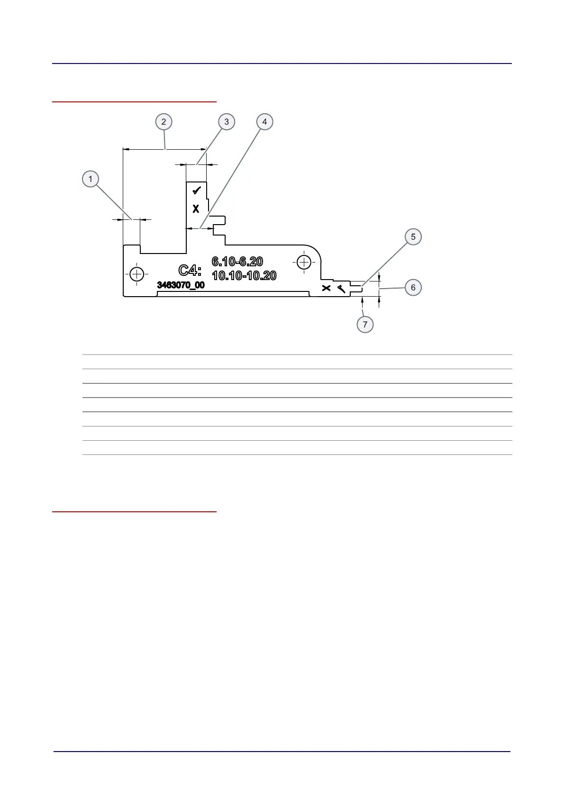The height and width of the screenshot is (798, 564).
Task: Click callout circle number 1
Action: coord(91,179)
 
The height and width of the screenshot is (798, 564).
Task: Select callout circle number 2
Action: coord(164,122)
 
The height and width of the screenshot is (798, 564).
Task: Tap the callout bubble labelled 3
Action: coord(227,122)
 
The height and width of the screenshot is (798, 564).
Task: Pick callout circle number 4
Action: coord(264,122)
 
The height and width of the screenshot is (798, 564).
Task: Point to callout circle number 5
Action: coord(413,236)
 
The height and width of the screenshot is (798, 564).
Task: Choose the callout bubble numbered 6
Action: coord(413,288)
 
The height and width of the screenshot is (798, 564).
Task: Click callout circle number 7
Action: coord(365,325)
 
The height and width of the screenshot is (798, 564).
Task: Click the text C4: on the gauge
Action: coord(190,271)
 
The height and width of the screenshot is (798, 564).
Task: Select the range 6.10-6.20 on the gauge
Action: coord(237,262)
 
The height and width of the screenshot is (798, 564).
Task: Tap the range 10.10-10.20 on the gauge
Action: coord(244,275)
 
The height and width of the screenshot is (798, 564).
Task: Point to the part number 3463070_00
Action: coord(181,285)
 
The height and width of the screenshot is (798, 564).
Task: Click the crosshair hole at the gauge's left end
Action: coord(136,274)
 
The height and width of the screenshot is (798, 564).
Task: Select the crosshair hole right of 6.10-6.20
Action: coord(304,262)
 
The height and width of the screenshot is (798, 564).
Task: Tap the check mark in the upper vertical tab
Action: coord(197,190)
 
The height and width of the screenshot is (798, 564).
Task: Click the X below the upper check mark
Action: coord(196,209)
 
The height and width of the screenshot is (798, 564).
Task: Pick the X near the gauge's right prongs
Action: coord(326,288)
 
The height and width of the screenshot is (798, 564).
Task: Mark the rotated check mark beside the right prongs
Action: coord(342,288)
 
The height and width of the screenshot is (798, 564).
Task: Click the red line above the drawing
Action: coord(134,101)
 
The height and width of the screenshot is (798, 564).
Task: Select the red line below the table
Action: coord(134,512)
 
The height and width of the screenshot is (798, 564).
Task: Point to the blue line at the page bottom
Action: coord(282,752)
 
